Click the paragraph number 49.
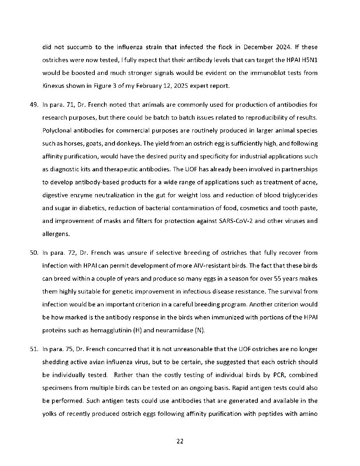[34, 105]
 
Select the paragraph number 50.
[34, 253]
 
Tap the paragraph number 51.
[34, 349]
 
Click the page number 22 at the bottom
[180, 441]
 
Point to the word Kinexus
[53, 86]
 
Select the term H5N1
[308, 60]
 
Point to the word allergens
[56, 234]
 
